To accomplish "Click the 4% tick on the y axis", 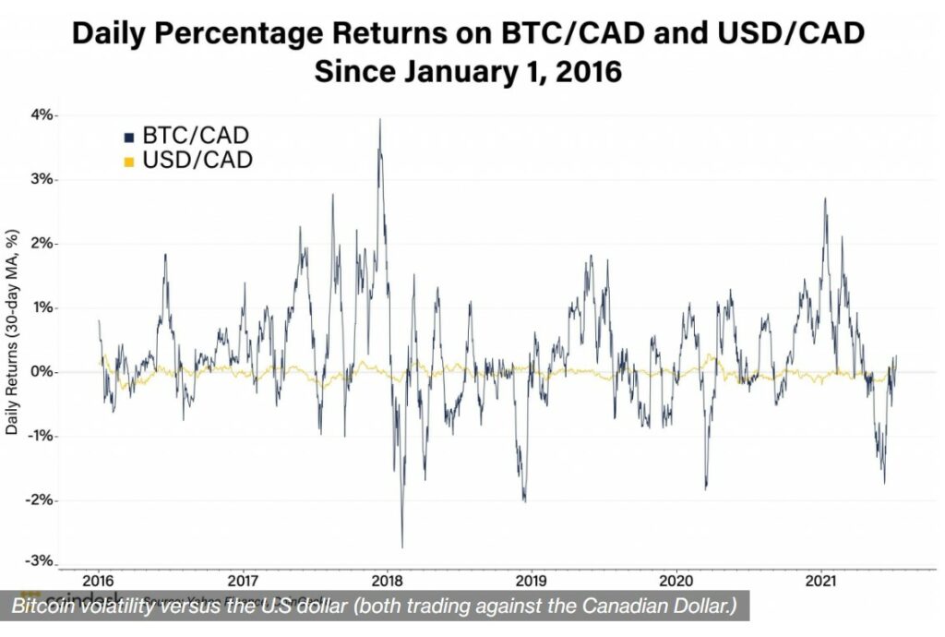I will tap(42, 115).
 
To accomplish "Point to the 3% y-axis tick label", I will tap(42, 179).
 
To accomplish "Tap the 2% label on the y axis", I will tap(42, 244).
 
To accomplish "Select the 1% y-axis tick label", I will tap(42, 307).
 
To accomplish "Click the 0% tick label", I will tap(42, 372).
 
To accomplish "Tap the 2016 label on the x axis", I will tap(98, 582).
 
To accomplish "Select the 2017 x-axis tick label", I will tap(243, 582).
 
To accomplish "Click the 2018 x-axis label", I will tap(388, 582).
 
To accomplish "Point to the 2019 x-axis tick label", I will tap(532, 582).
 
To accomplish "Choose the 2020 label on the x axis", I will tap(676, 582).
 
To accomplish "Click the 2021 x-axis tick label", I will tap(821, 582).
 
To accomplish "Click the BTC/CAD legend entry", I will tap(195, 137).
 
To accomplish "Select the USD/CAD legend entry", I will tap(197, 161).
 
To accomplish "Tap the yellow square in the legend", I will tap(129, 162).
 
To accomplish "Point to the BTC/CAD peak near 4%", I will tap(379, 119).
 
